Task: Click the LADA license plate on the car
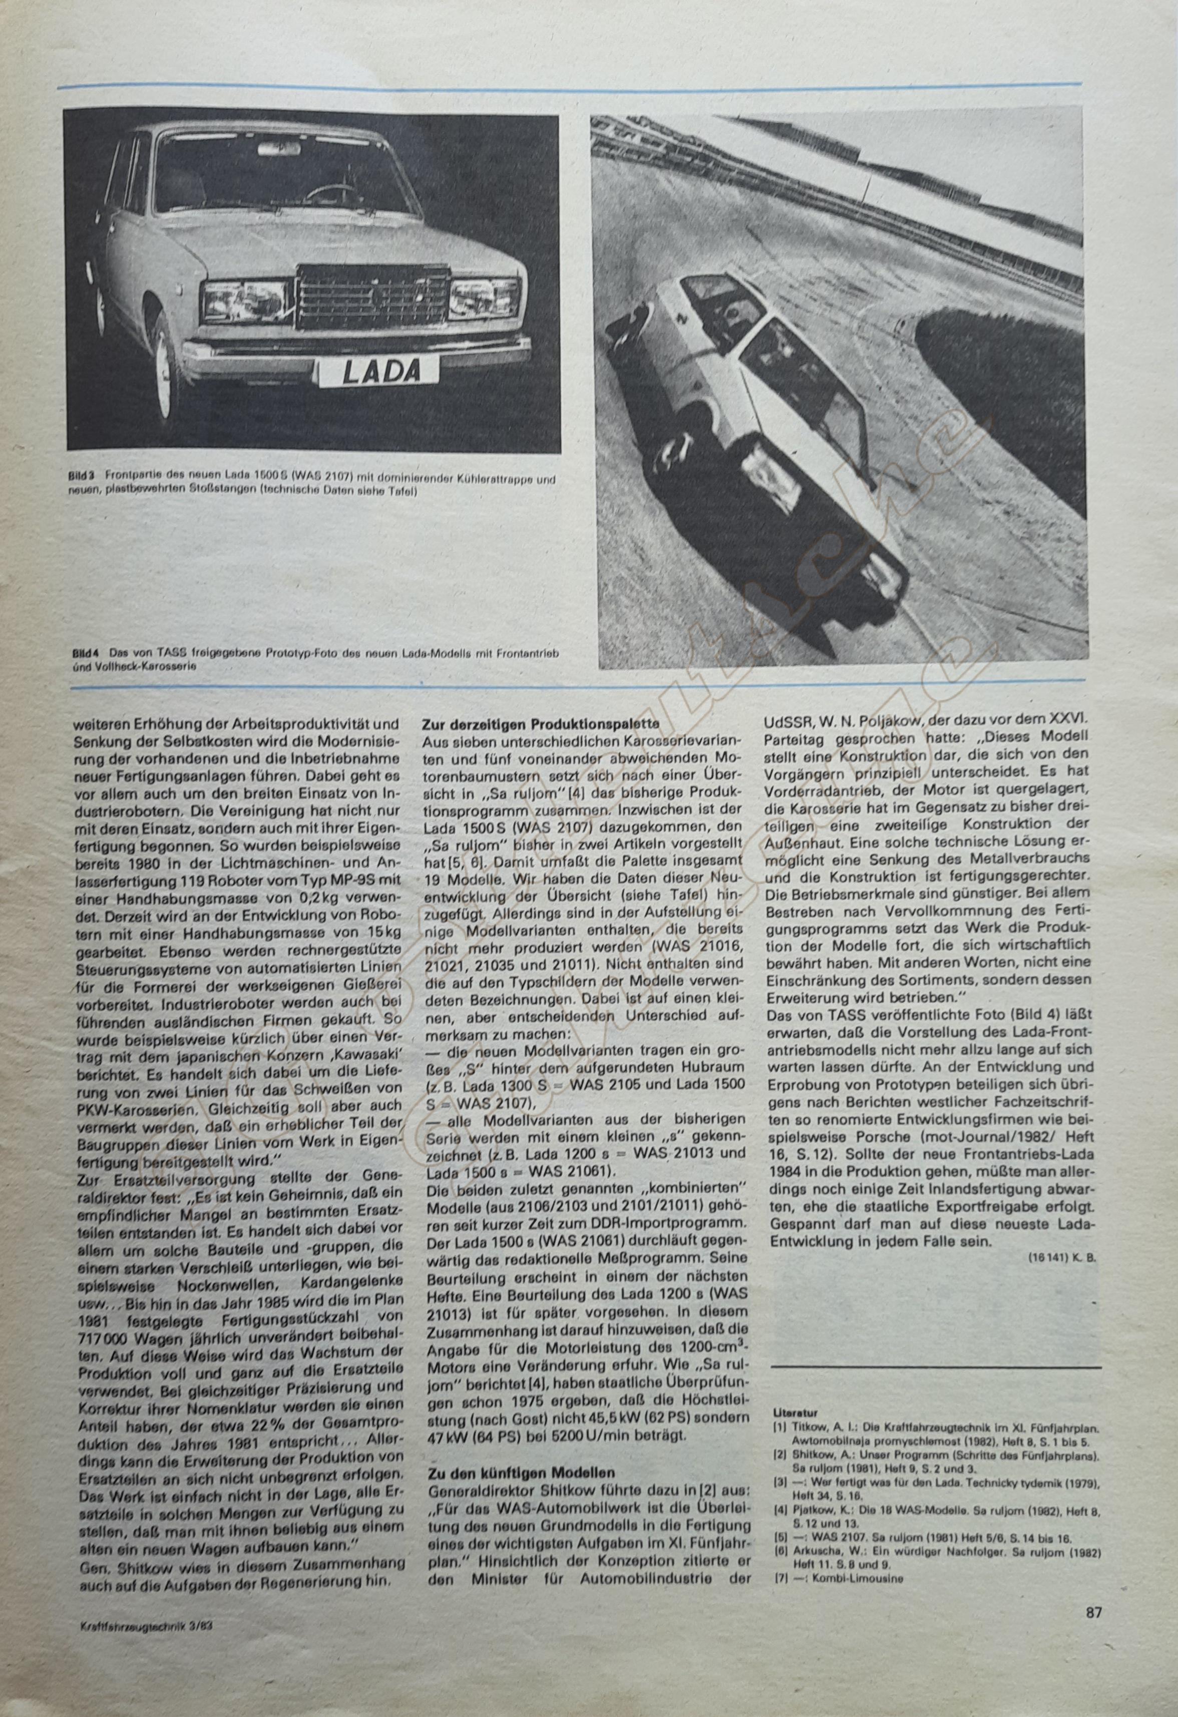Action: [379, 370]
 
